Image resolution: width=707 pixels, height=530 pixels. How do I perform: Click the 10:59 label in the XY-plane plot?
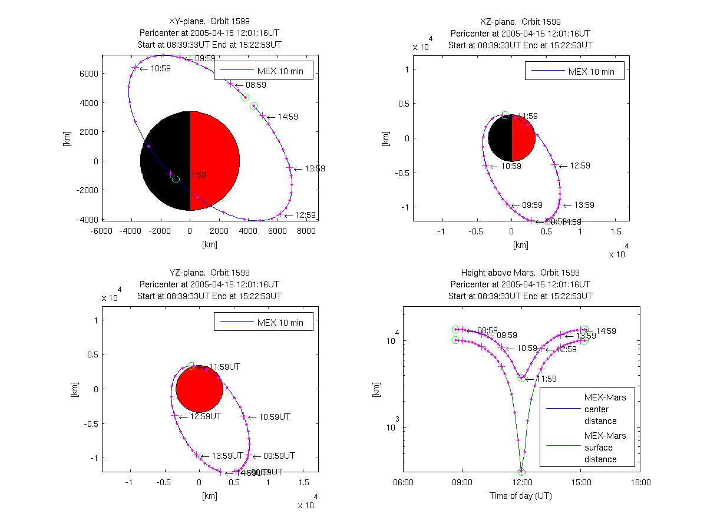coord(160,68)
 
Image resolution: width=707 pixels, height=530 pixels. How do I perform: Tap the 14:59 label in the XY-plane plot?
coord(288,117)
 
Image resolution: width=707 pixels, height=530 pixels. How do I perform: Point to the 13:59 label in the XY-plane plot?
coord(315,168)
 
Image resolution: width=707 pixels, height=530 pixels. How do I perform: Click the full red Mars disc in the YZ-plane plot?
coord(199,389)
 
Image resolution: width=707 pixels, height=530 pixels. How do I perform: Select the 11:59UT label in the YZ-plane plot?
coord(219,367)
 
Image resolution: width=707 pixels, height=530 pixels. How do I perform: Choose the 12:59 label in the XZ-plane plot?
coord(580,165)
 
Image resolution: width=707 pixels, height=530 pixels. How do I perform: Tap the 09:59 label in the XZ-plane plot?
coord(532,205)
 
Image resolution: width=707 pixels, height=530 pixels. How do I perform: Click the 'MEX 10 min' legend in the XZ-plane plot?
coord(574,72)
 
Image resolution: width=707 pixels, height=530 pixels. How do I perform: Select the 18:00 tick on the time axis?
coord(640,483)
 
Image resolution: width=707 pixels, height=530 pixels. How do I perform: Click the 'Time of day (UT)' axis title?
coord(521,496)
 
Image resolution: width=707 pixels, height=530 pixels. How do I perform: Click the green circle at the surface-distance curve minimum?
coord(521,472)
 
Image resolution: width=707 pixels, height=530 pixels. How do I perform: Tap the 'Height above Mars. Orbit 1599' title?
coord(521,273)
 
